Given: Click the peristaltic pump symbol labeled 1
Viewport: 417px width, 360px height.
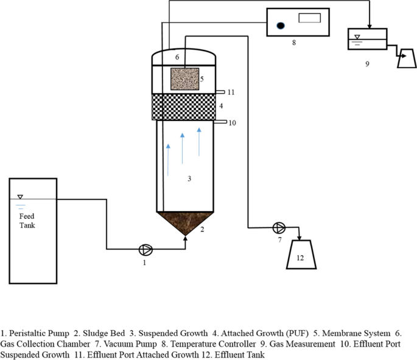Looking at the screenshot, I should (x=146, y=249).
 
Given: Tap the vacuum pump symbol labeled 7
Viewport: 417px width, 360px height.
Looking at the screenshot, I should (x=278, y=228).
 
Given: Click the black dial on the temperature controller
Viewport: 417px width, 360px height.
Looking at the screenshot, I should (x=280, y=26).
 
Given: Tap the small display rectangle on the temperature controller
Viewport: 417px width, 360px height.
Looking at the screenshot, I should (x=309, y=18).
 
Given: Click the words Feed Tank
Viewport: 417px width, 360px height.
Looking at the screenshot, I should (x=27, y=221).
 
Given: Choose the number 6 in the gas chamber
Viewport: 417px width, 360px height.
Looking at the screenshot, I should (x=177, y=57).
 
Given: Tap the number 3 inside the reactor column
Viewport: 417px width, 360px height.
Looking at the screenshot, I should (x=189, y=179).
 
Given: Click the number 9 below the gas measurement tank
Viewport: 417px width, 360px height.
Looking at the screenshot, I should (x=367, y=63).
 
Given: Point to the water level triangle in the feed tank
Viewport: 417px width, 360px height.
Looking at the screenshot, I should (x=20, y=197).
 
